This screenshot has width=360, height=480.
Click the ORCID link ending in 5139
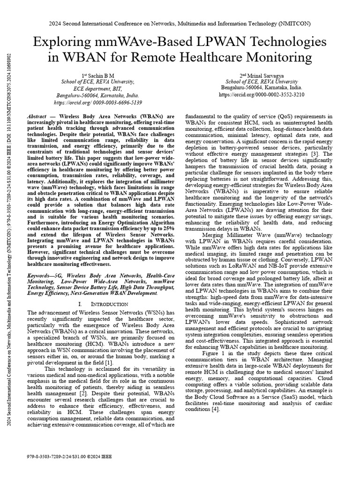[91, 101]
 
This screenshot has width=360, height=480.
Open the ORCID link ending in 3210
[262, 94]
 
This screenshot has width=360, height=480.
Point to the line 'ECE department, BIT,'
[91, 88]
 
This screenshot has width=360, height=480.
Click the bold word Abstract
[37, 116]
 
